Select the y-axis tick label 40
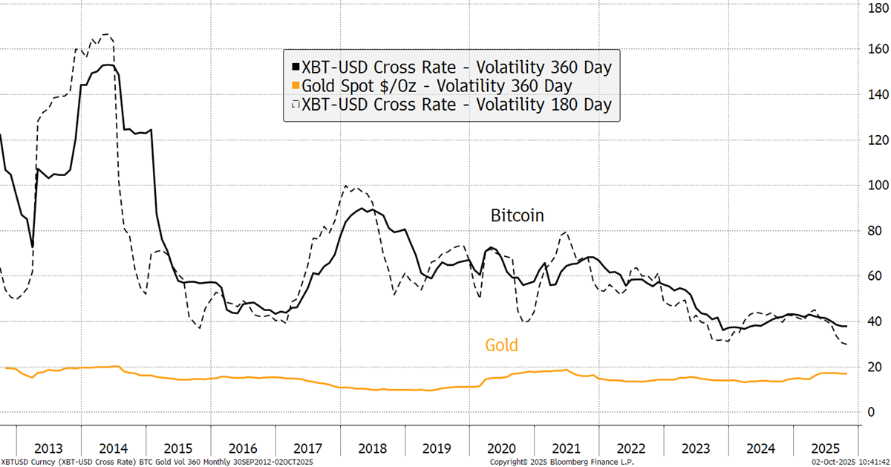tap(871, 321)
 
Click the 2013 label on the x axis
tap(49, 448)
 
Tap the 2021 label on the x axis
tap(567, 448)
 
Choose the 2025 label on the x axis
tap(826, 448)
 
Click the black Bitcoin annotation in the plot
tap(518, 216)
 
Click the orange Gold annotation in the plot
tap(501, 345)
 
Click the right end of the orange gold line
tap(847, 373)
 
